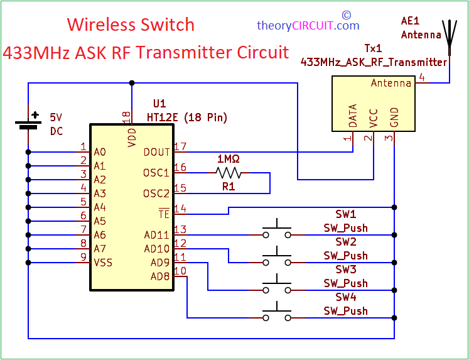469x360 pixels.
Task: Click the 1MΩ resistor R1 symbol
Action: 228,173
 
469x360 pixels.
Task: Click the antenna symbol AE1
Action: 450,38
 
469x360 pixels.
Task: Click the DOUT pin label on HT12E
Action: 156,152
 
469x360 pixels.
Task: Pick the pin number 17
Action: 181,147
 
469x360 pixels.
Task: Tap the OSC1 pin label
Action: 156,173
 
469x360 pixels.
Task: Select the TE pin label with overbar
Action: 164,214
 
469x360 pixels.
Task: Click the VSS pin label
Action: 103,262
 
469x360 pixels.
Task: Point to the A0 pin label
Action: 100,152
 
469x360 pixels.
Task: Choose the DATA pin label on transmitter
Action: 353,116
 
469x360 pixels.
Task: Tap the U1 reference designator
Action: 160,103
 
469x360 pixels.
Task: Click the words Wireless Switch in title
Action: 131,25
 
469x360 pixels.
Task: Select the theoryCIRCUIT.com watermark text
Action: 308,26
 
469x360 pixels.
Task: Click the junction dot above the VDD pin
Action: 132,82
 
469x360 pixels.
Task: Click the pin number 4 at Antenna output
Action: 421,78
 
